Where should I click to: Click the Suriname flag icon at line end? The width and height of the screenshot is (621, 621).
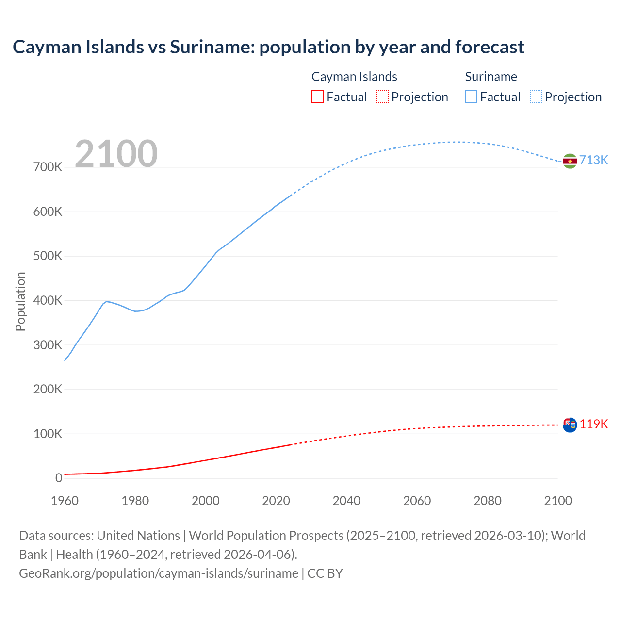570,161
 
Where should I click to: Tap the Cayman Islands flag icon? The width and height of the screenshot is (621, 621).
570,425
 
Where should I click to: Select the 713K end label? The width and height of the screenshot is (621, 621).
594,161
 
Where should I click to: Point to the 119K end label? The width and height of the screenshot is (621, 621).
594,425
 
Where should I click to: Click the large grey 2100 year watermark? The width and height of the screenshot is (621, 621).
116,154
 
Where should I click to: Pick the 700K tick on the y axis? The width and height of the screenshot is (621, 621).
48,167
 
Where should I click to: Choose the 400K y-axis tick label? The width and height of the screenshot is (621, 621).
48,301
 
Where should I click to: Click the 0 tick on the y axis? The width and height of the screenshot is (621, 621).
59,478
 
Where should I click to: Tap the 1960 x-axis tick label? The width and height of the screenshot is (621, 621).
65,501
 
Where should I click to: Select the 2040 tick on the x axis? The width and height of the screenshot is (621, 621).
346,501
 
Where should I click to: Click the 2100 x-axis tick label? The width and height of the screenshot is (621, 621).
558,501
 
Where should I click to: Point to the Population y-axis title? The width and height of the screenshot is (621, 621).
20,301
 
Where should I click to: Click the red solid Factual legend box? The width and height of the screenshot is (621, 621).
318,97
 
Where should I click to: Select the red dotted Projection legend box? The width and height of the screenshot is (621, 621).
382,97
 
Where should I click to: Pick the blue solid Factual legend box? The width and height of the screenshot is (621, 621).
471,97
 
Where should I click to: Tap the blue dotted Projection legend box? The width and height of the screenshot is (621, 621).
536,97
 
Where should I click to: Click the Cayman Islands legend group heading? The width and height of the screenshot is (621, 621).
354,77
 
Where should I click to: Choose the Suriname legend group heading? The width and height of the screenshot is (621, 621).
491,77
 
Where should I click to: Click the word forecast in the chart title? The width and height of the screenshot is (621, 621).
490,47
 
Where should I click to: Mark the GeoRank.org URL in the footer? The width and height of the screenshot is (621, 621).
158,573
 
